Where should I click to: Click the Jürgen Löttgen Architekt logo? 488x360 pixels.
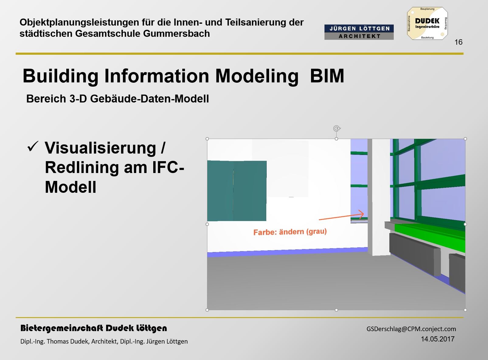pos(359,32)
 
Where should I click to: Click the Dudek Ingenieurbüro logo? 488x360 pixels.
pos(427,23)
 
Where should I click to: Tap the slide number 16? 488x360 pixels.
pos(459,42)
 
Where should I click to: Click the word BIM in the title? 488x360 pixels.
pos(327,76)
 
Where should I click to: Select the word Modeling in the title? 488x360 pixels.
pos(257,77)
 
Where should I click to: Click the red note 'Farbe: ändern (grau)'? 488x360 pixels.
pos(290,232)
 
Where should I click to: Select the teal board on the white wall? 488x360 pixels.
pos(237,191)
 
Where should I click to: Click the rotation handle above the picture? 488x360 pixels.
pos(337,128)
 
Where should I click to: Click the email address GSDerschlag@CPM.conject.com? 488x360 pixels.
pos(411,329)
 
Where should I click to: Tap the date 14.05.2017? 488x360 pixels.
pos(438,339)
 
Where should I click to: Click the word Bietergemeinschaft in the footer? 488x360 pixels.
pos(62,328)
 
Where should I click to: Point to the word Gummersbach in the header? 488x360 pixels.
pos(176,34)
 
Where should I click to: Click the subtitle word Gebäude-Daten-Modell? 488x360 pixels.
pos(150,99)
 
